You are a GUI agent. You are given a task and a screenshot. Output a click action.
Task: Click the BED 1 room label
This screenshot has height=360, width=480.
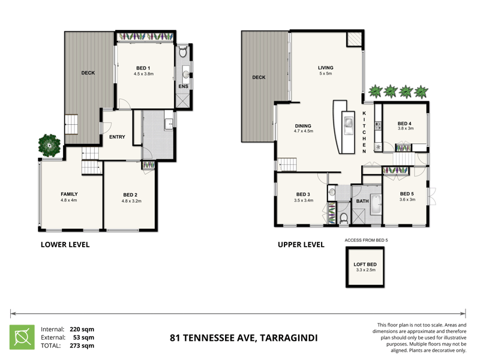[144, 68]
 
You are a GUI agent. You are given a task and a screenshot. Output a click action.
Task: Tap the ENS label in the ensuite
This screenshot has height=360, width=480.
[184, 86]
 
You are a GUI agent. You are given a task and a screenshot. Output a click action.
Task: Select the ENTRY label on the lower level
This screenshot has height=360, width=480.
[117, 137]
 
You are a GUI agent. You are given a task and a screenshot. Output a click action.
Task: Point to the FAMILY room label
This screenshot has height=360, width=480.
[69, 194]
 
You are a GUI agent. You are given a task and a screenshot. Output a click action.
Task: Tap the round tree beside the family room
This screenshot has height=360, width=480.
[49, 144]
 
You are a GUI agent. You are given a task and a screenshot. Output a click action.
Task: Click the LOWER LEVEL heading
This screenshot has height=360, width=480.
[65, 244]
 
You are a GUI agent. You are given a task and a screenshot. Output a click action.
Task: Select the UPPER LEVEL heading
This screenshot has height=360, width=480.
[301, 244]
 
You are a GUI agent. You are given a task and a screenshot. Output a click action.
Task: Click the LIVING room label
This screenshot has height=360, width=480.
[325, 68]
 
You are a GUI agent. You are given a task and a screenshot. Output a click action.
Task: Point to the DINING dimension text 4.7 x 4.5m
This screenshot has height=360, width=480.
[304, 131]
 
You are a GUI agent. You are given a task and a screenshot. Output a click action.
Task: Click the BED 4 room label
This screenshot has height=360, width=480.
[405, 122]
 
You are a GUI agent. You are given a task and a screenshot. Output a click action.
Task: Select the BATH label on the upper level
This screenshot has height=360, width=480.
[362, 202]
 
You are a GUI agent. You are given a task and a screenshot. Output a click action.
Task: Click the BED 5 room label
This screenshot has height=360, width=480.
[407, 194]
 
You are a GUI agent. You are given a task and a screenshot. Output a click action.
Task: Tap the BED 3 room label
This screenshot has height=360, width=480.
[303, 194]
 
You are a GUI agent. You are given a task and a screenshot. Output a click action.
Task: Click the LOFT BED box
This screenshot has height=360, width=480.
[364, 268]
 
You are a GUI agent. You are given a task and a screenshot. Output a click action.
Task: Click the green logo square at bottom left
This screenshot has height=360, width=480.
[22, 337]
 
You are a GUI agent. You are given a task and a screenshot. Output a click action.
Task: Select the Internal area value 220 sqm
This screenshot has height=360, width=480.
[82, 329]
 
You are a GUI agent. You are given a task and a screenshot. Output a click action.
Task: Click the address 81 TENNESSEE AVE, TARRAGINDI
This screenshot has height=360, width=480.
[244, 338]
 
